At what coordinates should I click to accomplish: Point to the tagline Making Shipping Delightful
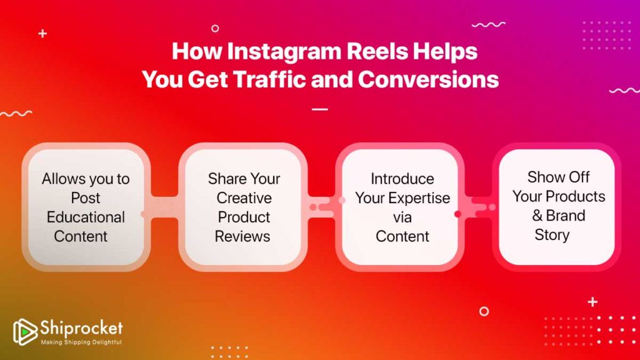pos(81,342)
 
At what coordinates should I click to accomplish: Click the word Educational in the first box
pos(86,217)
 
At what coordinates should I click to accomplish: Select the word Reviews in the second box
pos(242,236)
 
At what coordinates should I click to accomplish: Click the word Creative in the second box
pos(244,198)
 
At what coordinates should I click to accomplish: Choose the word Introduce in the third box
pos(402,179)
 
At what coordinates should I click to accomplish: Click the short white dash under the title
pos(320,109)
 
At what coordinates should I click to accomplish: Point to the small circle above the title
pos(215,28)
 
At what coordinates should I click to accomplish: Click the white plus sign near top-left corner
pos(42,33)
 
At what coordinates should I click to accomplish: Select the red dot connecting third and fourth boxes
pos(457,214)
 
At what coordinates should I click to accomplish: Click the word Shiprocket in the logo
pos(82,328)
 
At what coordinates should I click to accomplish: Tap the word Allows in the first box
pos(62,179)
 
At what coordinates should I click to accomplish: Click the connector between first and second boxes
pos(161,206)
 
